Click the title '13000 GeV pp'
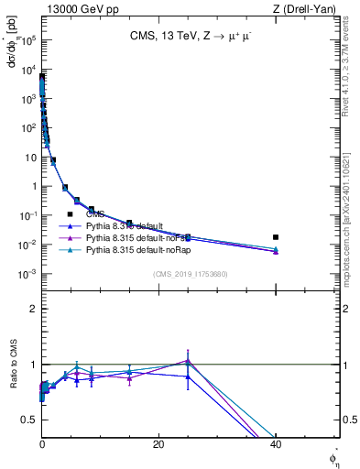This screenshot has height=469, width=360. click(x=78, y=8)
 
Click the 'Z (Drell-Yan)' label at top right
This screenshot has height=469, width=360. click(x=311, y=8)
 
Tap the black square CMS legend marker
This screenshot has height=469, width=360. click(x=70, y=213)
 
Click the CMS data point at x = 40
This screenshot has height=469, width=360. click(x=276, y=237)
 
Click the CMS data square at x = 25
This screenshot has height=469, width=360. click(x=188, y=237)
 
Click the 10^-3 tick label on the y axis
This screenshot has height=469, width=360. click(x=27, y=274)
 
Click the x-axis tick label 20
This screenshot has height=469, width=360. click(x=158, y=444)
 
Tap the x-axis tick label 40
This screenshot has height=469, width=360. click(x=276, y=444)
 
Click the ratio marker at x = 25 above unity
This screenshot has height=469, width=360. click(x=188, y=360)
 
